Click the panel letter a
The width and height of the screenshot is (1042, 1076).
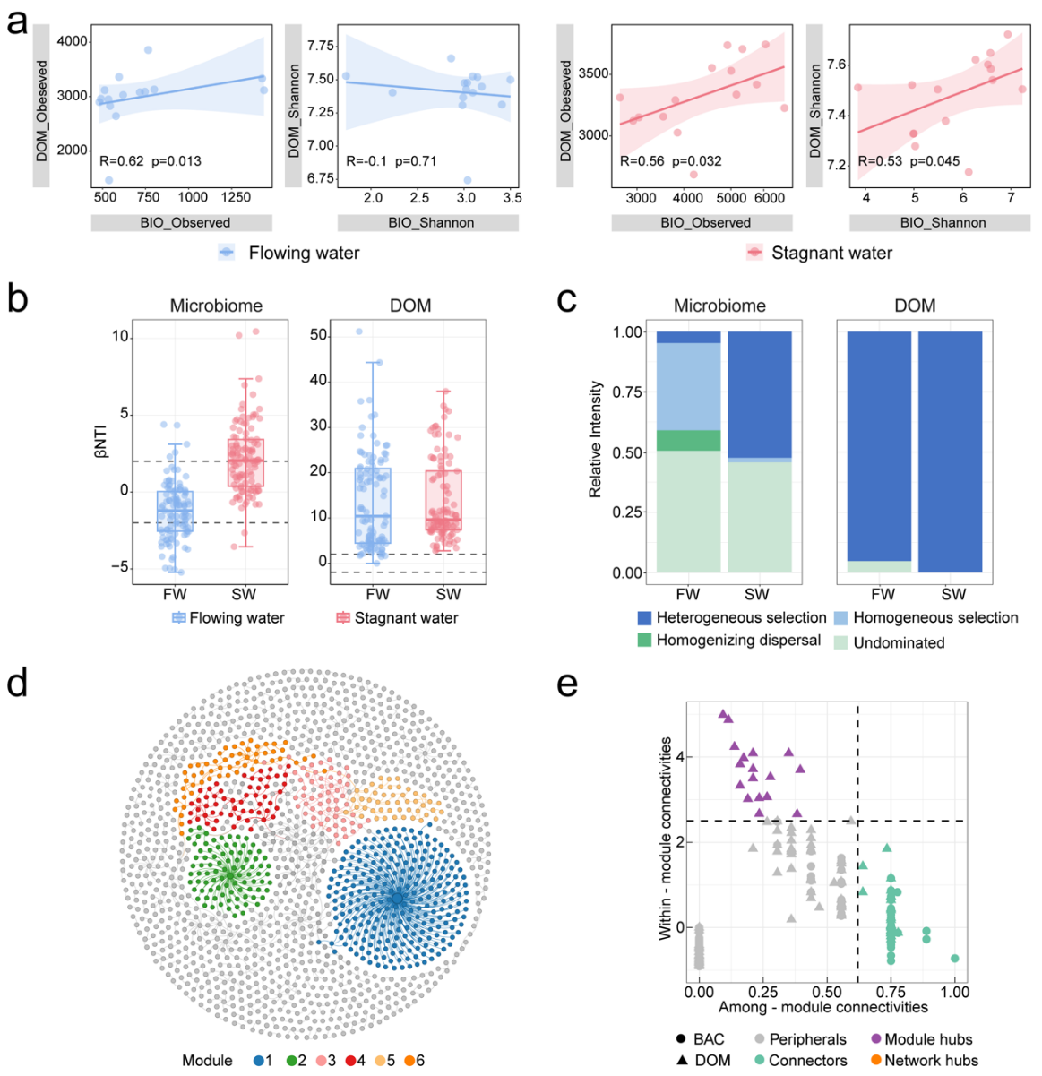click(16, 20)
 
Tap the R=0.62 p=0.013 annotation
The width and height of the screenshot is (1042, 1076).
click(150, 162)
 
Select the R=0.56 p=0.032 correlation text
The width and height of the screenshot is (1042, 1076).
click(671, 162)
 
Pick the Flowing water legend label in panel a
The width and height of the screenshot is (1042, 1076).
click(304, 254)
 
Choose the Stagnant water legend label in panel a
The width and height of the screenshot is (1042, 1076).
click(831, 254)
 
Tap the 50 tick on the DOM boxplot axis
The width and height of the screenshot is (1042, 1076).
click(317, 335)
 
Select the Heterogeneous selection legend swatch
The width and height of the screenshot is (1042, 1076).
click(645, 618)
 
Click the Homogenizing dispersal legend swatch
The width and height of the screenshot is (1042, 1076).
click(645, 641)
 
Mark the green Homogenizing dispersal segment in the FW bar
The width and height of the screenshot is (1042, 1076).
click(688, 441)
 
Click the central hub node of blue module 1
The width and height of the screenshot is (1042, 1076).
click(397, 898)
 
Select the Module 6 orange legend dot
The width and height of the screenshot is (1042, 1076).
click(409, 1061)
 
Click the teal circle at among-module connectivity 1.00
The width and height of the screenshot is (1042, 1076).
click(955, 959)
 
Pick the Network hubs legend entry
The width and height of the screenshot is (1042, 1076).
click(930, 1061)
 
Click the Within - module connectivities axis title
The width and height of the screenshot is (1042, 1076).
click(666, 838)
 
